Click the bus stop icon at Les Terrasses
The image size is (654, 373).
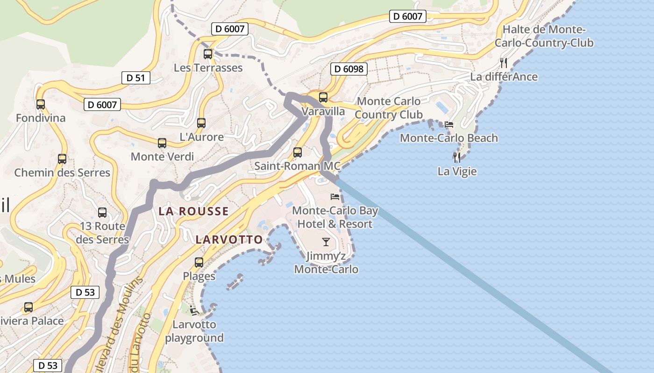[208, 54]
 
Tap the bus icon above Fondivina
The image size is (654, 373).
[41, 104]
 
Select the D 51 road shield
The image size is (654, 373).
[136, 78]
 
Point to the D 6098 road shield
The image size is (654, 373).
[348, 69]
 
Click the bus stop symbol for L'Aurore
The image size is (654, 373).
[201, 123]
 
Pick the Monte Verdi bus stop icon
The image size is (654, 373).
[162, 143]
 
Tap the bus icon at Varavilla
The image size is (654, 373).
[323, 97]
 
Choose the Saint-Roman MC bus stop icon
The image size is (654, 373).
[297, 152]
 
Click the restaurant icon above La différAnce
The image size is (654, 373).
[504, 63]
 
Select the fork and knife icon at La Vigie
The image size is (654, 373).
[457, 158]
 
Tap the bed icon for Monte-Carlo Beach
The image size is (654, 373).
[449, 124]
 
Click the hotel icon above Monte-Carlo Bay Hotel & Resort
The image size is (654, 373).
[335, 197]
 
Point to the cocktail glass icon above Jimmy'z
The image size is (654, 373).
[326, 242]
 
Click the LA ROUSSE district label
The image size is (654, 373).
[193, 211]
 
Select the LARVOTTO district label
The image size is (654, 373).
[229, 240]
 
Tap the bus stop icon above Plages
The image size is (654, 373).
[199, 262]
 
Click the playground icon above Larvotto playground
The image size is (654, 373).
[194, 310]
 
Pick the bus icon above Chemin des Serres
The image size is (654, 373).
[62, 159]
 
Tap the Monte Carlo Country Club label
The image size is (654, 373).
[389, 108]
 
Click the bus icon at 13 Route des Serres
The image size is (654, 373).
[102, 213]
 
